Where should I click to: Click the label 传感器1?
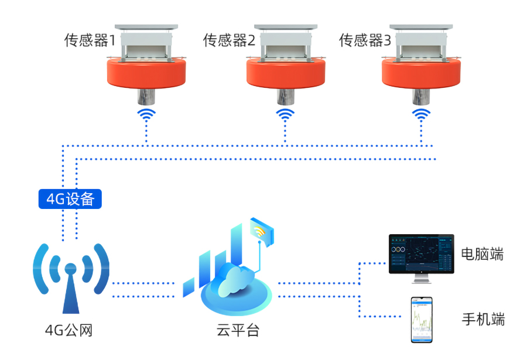coord(90,40)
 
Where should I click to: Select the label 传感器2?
coord(229,40)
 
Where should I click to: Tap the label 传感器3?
coord(365,40)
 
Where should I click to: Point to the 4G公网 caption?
coord(69,331)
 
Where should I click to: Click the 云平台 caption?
coord(238,331)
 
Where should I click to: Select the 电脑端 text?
coord(482,254)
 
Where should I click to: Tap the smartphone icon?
coord(422,320)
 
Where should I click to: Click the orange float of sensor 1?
coord(146,74)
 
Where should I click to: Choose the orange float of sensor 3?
coord(421,74)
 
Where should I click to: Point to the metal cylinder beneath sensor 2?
coord(285,96)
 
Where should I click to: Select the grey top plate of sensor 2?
coord(285,28)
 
